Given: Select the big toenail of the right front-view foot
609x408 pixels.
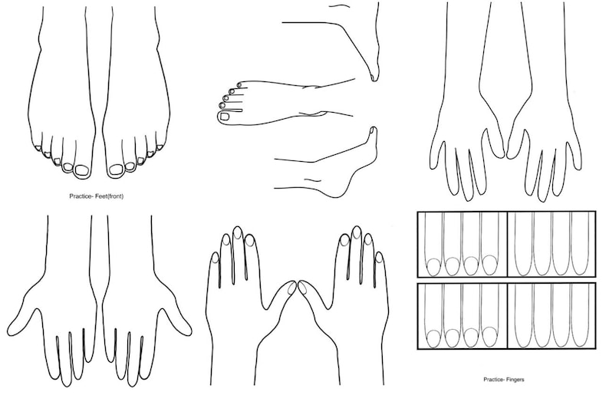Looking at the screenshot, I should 116,169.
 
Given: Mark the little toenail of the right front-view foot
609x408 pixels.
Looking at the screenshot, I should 160,146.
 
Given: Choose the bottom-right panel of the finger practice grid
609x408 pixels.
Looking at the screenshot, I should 551,315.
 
